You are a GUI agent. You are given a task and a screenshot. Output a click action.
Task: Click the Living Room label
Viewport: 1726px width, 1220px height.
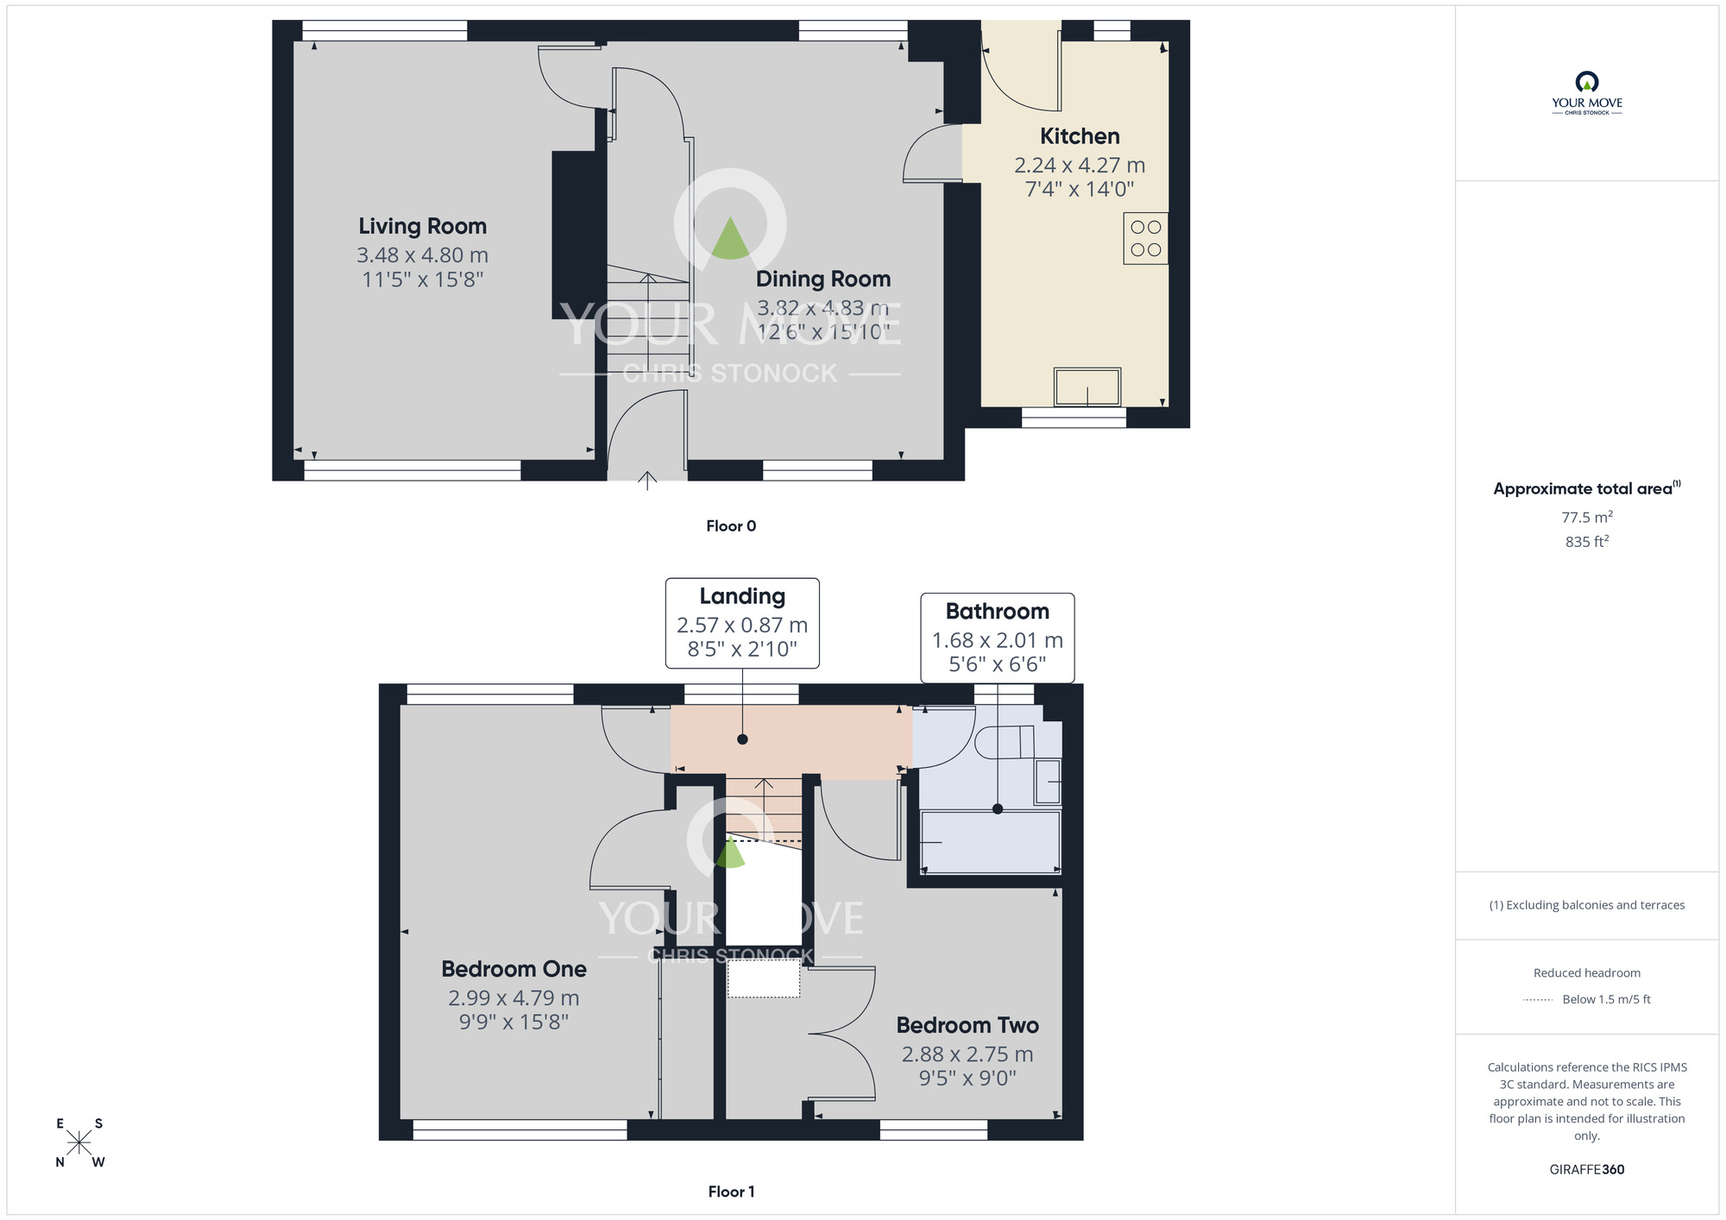pos(423,226)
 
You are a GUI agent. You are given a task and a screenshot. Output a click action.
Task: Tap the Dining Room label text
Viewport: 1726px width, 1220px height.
pos(823,279)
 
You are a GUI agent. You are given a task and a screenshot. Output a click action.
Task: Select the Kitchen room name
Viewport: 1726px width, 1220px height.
pos(1080,136)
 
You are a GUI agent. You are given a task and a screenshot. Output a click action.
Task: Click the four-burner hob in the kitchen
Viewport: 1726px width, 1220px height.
pos(1146,238)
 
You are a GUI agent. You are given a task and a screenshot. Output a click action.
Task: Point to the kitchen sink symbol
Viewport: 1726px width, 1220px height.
pos(1087,387)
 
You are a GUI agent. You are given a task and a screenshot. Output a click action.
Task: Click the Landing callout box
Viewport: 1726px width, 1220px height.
pos(742,623)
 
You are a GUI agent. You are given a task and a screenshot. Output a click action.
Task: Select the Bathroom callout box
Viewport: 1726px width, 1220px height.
pos(998,638)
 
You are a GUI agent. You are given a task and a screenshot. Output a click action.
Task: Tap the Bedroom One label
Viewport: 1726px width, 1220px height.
pos(514,969)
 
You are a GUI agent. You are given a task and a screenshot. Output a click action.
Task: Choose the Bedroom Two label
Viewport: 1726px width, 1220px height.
pos(967,1025)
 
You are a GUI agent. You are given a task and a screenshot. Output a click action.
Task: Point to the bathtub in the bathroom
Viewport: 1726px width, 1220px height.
pos(991,842)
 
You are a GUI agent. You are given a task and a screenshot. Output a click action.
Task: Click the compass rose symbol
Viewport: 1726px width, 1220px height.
pos(79,1143)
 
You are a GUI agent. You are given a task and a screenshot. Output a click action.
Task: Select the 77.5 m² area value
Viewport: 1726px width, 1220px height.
pos(1587,517)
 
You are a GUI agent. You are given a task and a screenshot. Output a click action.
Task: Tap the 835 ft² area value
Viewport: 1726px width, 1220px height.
pos(1587,542)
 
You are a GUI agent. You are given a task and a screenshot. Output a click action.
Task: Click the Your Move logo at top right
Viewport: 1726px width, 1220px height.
pos(1587,93)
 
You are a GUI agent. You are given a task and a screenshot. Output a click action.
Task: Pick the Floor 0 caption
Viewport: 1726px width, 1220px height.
pos(731,526)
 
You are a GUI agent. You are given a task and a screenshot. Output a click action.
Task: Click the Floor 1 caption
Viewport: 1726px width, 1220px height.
pos(731,1192)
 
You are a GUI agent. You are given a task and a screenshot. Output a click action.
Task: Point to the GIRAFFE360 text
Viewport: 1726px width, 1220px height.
pos(1587,1170)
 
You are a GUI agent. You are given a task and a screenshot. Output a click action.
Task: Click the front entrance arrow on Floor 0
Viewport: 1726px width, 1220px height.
pos(647,481)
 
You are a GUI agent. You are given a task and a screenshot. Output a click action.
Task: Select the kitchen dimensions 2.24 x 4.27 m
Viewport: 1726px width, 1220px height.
pos(1080,165)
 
